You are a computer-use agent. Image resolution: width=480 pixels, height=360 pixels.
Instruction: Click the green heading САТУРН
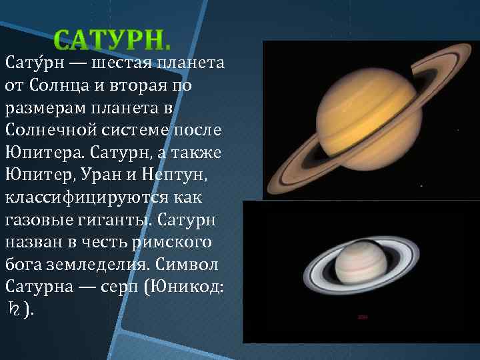click(x=112, y=41)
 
